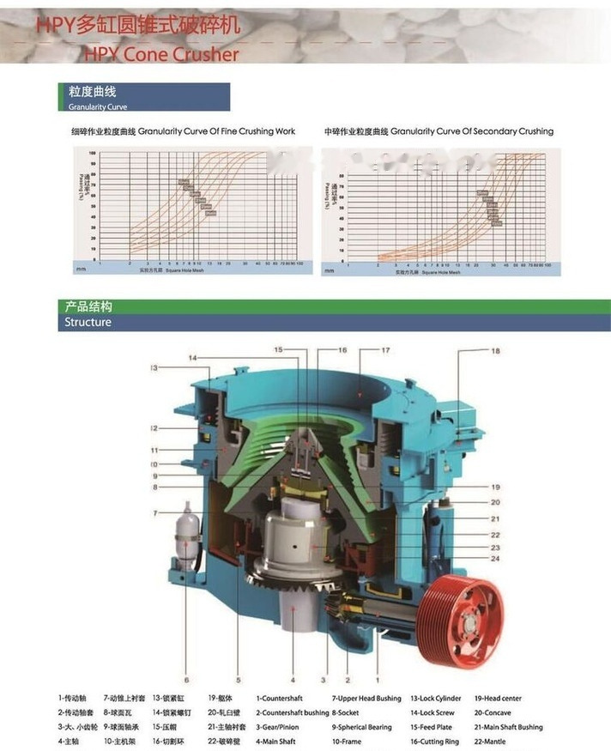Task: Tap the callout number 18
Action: [495, 351]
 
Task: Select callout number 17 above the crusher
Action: [385, 350]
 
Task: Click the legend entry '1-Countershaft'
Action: [284, 699]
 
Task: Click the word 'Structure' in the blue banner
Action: [88, 323]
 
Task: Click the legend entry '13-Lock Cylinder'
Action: [435, 699]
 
